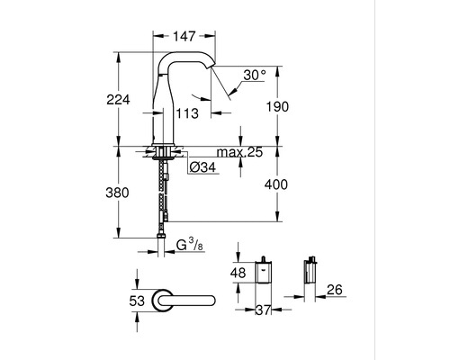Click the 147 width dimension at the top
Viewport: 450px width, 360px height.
pyautogui.click(x=184, y=36)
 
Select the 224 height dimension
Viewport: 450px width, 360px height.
pyautogui.click(x=118, y=100)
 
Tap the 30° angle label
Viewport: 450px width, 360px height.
pyautogui.click(x=255, y=75)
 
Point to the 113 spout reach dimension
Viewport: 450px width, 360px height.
pyautogui.click(x=187, y=113)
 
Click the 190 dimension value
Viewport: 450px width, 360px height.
pyautogui.click(x=277, y=106)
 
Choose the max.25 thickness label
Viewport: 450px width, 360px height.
pyautogui.click(x=239, y=152)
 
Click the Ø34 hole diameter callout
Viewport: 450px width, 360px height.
pyautogui.click(x=202, y=167)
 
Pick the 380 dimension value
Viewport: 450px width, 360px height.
pyautogui.click(x=117, y=193)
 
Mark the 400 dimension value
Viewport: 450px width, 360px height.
pyautogui.click(x=276, y=184)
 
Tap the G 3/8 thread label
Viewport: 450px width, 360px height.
pyautogui.click(x=190, y=245)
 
